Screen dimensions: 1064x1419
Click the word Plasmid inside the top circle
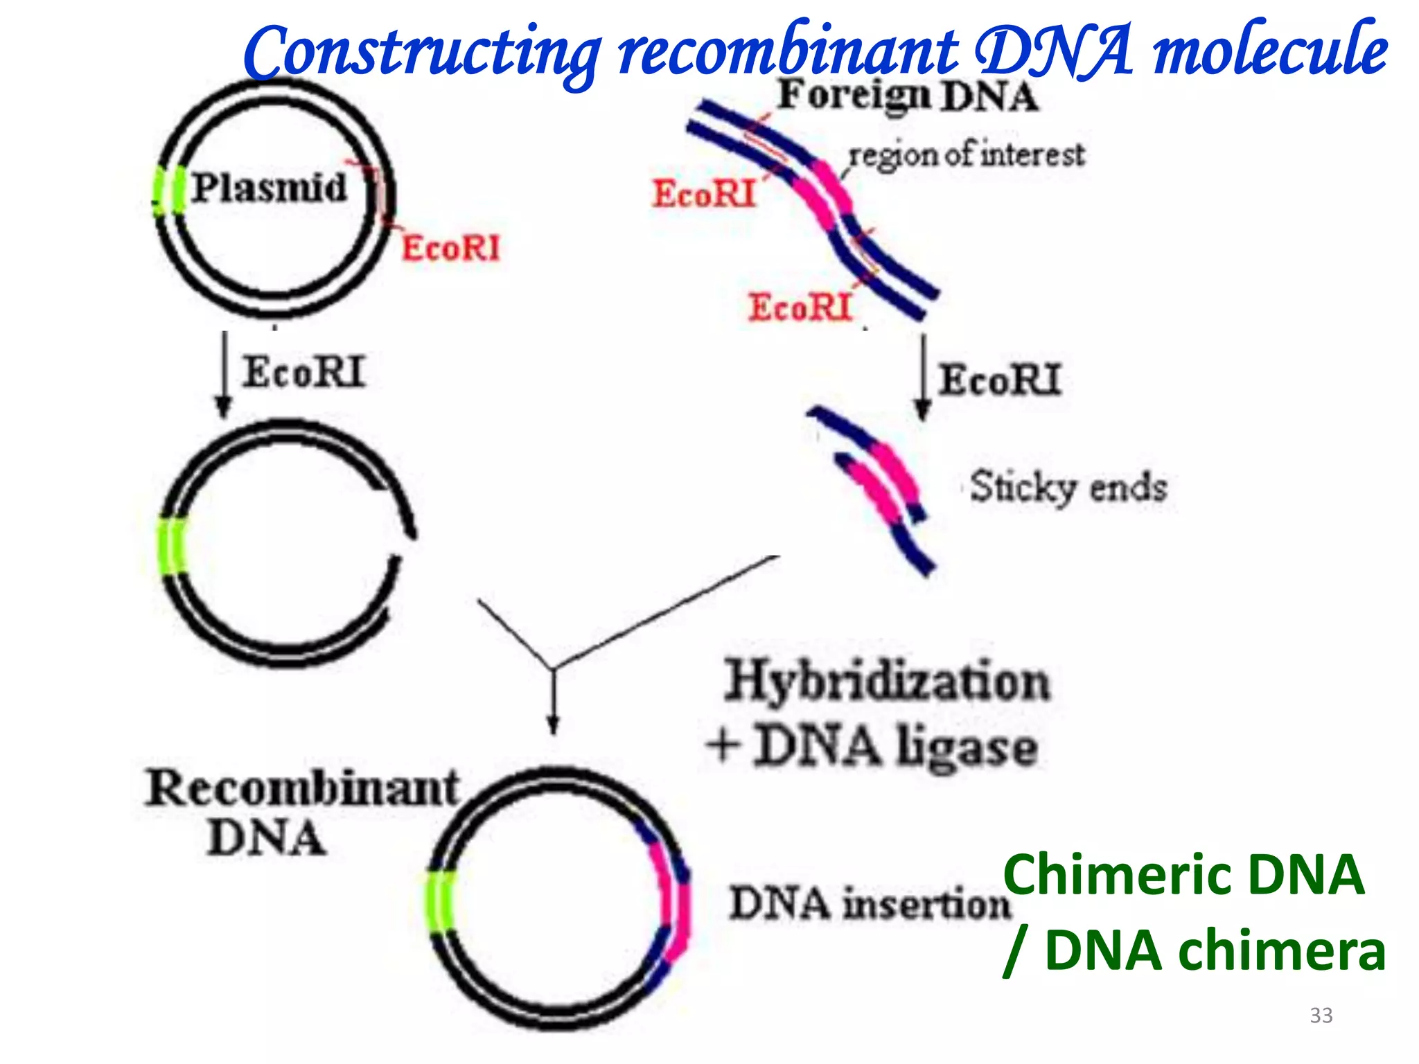pos(269,188)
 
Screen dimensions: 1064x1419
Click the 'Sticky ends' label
pos(1068,487)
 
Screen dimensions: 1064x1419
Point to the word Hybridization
pos(887,682)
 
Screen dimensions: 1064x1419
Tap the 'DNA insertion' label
pos(870,904)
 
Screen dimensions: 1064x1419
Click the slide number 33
pos(1321,1016)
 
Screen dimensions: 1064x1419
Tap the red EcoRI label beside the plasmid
pos(450,248)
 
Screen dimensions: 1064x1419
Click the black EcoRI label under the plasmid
pos(303,373)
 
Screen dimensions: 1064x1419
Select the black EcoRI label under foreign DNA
pos(999,380)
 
